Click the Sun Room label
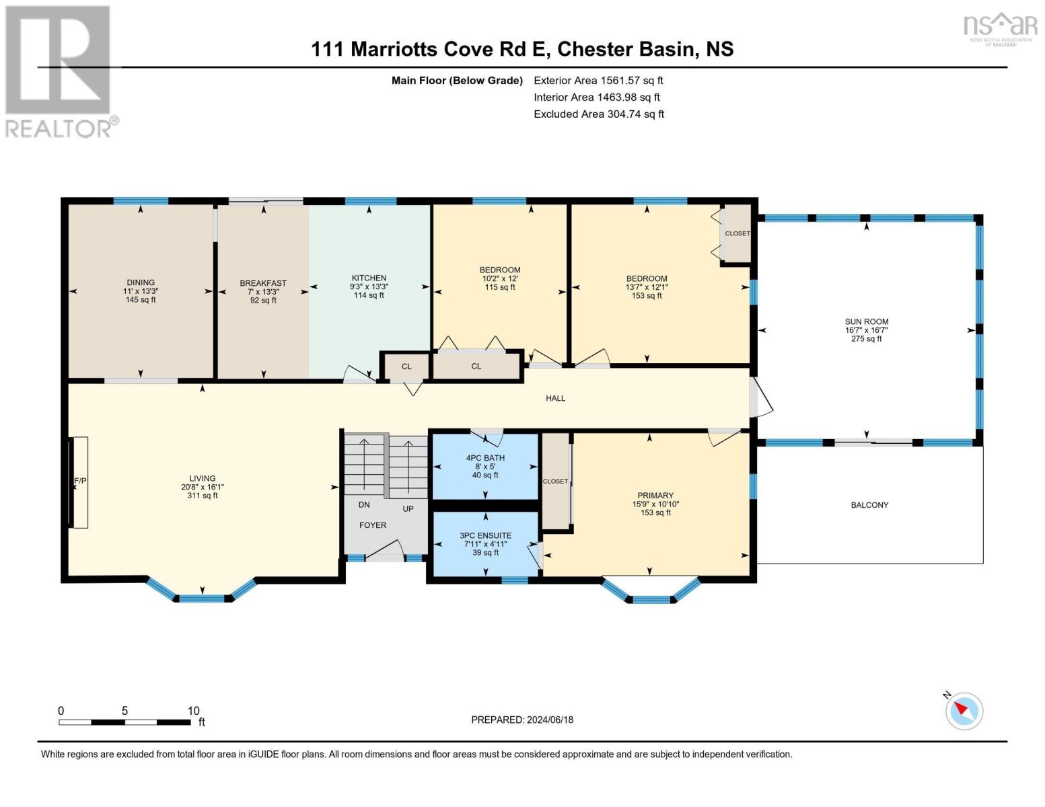click(866, 321)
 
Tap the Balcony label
click(869, 504)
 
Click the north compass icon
click(964, 712)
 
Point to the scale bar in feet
click(125, 722)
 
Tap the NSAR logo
click(1001, 30)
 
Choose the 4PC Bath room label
click(485, 458)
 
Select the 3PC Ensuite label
click(485, 535)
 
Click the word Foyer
click(373, 525)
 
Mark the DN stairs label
click(364, 504)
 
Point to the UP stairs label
click(408, 508)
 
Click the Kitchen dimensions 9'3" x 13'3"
click(369, 286)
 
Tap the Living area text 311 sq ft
click(203, 496)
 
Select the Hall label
click(555, 398)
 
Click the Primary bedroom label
click(655, 495)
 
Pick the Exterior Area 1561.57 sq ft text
click(598, 80)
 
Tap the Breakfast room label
click(263, 283)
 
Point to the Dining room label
click(141, 282)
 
